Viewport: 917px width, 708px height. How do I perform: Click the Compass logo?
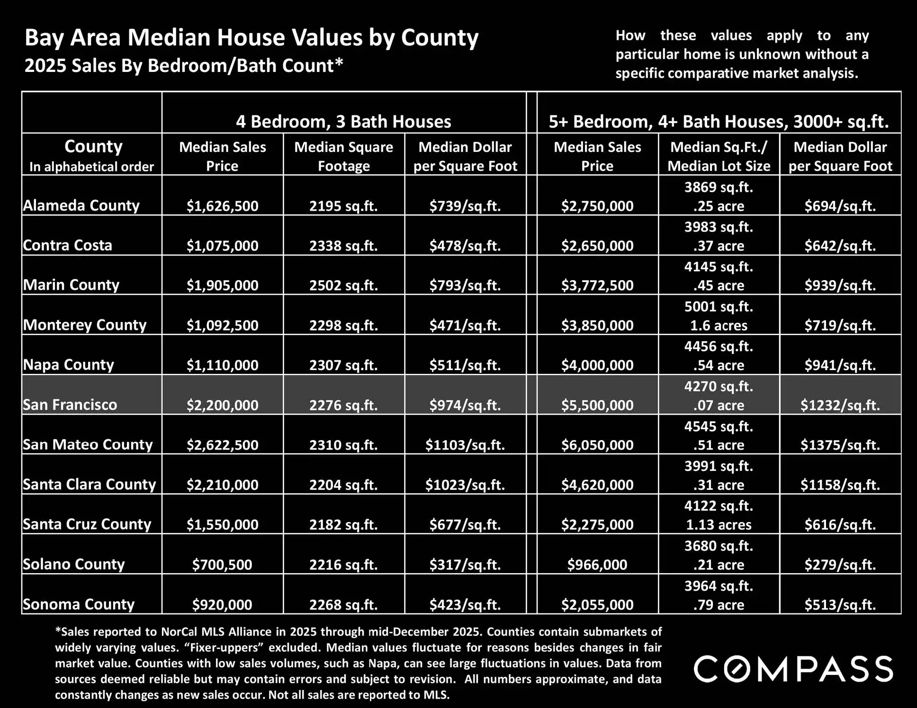[x=793, y=669]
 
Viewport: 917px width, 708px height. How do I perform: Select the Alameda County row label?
[x=81, y=205]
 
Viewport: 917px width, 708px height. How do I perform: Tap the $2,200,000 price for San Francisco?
[x=222, y=405]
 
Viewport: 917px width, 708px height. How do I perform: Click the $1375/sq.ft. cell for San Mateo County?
[x=840, y=445]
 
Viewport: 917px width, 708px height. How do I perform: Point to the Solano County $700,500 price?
[x=222, y=564]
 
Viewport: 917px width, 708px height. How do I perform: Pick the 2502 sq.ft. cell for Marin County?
[x=343, y=285]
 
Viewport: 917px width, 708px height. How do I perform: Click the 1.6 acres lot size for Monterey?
[x=719, y=326]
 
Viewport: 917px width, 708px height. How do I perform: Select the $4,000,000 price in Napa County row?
[x=597, y=365]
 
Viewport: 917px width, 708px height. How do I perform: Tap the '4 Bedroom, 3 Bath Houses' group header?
[x=343, y=122]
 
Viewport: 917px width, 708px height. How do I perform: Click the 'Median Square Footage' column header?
[x=343, y=156]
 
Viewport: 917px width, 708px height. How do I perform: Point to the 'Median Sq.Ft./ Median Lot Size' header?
[x=719, y=156]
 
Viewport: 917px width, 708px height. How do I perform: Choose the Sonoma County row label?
[x=79, y=604]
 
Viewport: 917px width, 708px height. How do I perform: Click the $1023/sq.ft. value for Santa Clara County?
[x=465, y=485]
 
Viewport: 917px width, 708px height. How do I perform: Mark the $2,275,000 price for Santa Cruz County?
[x=597, y=524]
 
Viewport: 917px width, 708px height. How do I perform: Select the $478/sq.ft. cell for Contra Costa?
[x=465, y=246]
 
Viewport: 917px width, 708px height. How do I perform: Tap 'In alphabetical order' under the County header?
[x=91, y=167]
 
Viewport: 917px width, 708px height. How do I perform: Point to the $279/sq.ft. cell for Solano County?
[x=840, y=564]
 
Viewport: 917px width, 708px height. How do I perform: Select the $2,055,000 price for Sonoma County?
[x=597, y=604]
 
